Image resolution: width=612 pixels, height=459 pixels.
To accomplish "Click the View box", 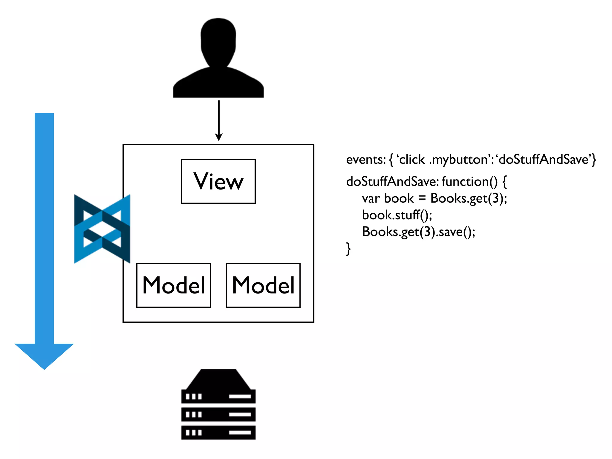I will pyautogui.click(x=218, y=181).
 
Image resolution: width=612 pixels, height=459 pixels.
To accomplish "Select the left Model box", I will pyautogui.click(x=174, y=285).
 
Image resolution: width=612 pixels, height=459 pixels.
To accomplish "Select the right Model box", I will pyautogui.click(x=263, y=285).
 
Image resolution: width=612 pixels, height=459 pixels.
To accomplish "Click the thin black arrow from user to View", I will pyautogui.click(x=219, y=120).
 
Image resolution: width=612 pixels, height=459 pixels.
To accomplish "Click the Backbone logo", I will pyautogui.click(x=102, y=229).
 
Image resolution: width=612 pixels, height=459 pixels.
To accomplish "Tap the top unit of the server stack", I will pyautogui.click(x=218, y=396).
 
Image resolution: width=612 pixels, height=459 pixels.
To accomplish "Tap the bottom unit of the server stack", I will pyautogui.click(x=218, y=432).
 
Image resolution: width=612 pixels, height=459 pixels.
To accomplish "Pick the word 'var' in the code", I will pyautogui.click(x=371, y=199).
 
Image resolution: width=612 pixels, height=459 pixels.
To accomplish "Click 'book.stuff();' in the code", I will pyautogui.click(x=397, y=215).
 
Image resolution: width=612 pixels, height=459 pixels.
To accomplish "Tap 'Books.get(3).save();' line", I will pyautogui.click(x=419, y=232).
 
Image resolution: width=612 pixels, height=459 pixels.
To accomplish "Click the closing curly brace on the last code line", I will pyautogui.click(x=348, y=249).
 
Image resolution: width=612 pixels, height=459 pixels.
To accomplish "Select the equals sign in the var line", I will pyautogui.click(x=422, y=199).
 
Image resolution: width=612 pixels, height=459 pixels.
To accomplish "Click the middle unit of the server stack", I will pyautogui.click(x=218, y=414).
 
